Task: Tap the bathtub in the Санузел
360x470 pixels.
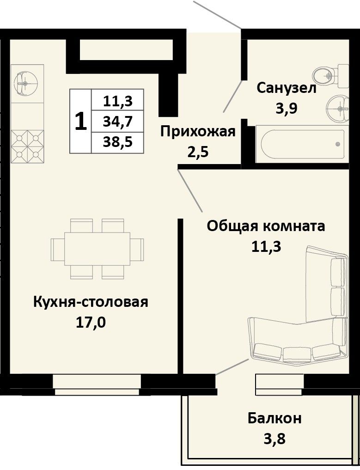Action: pos(303,144)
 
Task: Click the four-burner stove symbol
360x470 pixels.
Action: pos(27,146)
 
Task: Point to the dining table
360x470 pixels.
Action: pos(98,249)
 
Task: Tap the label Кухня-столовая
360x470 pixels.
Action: pos(91,302)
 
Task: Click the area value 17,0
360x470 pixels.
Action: pos(91,323)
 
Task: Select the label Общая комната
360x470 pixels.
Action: pos(266,226)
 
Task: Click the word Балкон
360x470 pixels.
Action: pos(274,418)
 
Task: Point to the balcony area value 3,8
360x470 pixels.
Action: pos(274,439)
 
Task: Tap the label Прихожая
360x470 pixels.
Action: pos(198,132)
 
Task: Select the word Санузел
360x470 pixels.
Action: pos(287,89)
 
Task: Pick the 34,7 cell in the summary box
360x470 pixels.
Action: pos(117,122)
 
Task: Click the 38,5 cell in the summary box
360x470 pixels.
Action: pos(117,142)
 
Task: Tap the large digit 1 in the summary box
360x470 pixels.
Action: pos(80,122)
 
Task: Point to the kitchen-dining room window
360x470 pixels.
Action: pos(97,385)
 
